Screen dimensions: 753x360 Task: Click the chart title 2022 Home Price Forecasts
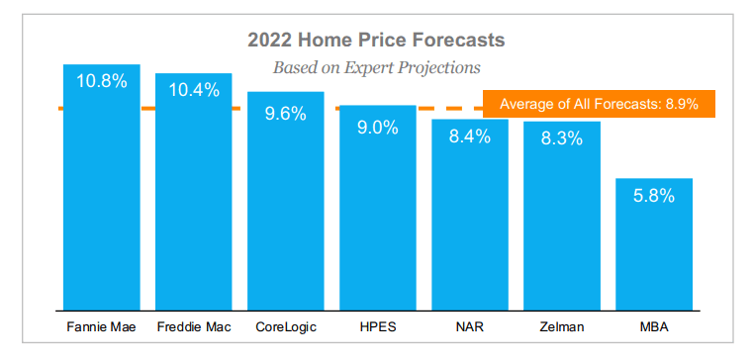[376, 40]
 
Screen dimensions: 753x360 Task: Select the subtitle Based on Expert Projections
[376, 67]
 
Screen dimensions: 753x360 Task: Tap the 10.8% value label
[102, 81]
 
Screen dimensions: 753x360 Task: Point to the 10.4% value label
[194, 90]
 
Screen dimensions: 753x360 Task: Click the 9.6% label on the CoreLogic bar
[286, 114]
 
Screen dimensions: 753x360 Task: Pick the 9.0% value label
[377, 128]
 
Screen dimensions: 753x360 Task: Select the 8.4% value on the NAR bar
[470, 135]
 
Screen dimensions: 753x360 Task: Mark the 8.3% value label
[562, 138]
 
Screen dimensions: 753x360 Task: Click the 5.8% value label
[654, 196]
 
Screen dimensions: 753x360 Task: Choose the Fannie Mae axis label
[102, 327]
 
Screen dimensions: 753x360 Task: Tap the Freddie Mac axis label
[194, 327]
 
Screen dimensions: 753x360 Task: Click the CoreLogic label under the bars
[286, 327]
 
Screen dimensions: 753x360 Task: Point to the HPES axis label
[377, 327]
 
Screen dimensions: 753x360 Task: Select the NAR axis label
[470, 327]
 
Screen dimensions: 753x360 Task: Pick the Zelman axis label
[562, 327]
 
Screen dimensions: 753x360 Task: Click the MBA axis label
[654, 327]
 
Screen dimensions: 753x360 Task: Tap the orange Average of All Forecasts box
[599, 104]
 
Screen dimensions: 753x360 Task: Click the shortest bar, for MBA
[654, 244]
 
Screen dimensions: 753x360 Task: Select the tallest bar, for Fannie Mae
[102, 187]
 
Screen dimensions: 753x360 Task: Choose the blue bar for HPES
[377, 208]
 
